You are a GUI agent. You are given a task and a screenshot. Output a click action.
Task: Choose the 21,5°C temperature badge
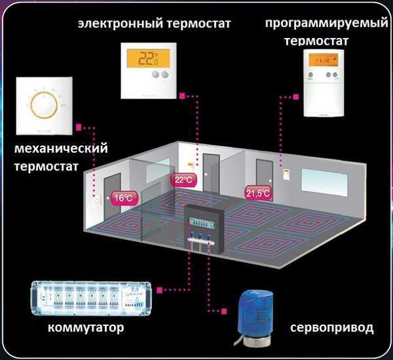258,193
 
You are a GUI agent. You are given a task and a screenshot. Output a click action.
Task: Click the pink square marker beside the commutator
162,289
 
